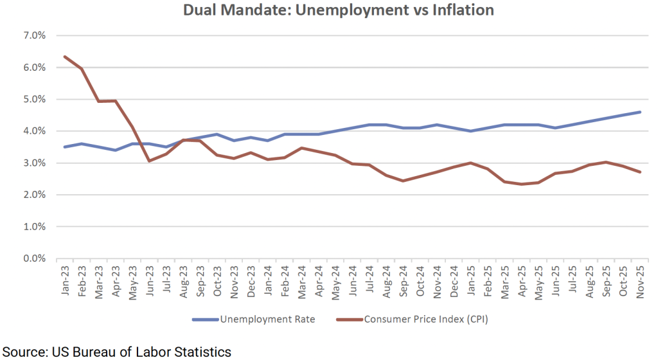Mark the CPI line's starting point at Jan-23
[x=66, y=57]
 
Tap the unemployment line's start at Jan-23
[x=66, y=147]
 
